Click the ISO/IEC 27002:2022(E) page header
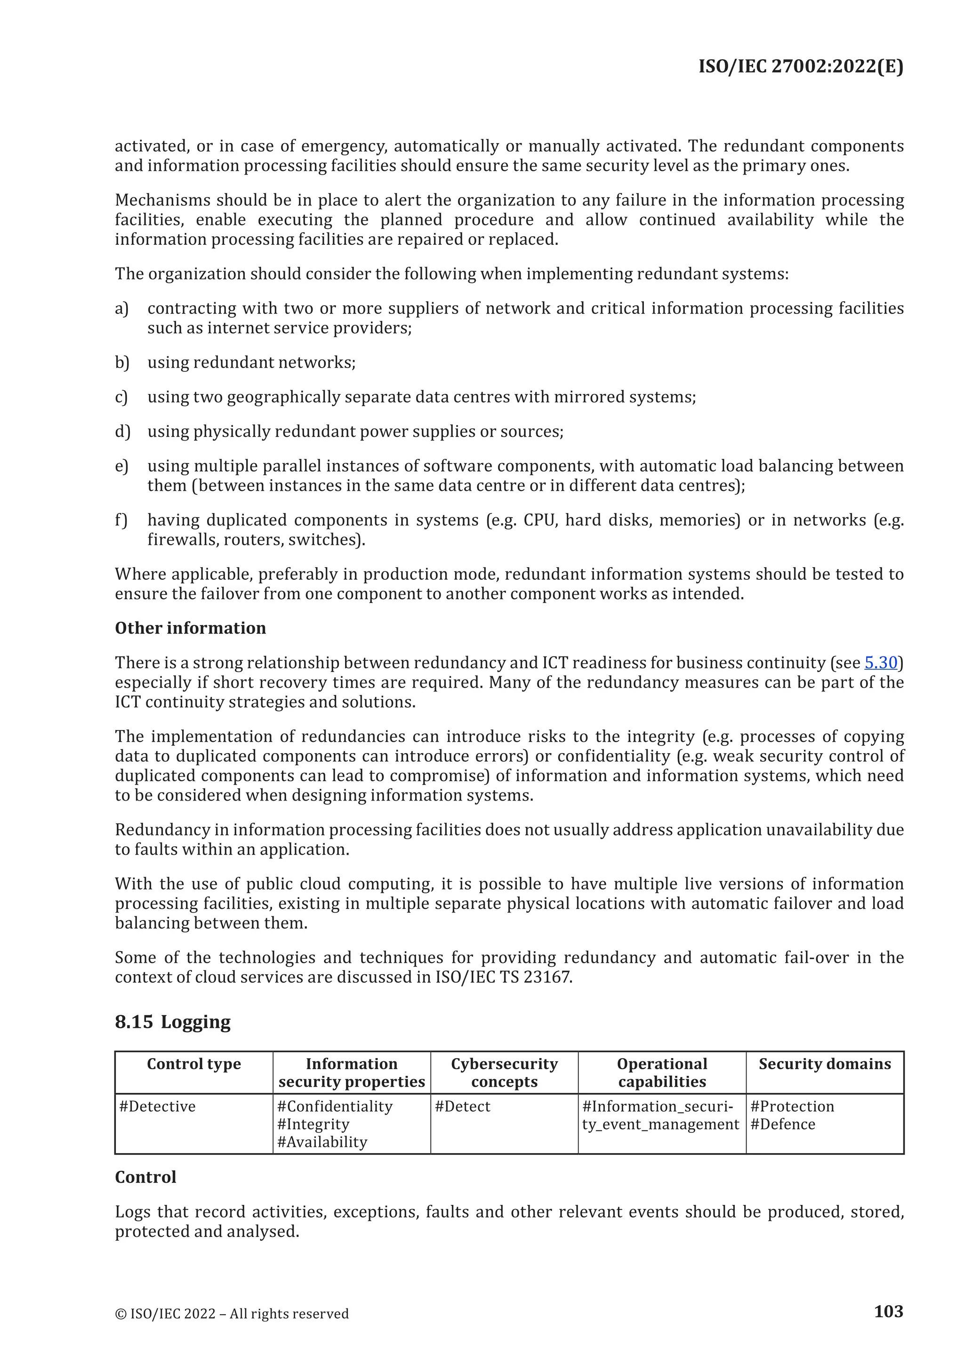[800, 66]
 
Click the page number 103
[888, 1311]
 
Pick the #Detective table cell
[157, 1106]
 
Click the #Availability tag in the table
[322, 1142]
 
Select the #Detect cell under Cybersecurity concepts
[462, 1106]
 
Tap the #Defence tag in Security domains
[782, 1124]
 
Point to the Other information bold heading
[190, 627]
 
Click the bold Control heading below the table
[145, 1177]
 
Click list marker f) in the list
[121, 520]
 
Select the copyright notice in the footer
[232, 1313]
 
